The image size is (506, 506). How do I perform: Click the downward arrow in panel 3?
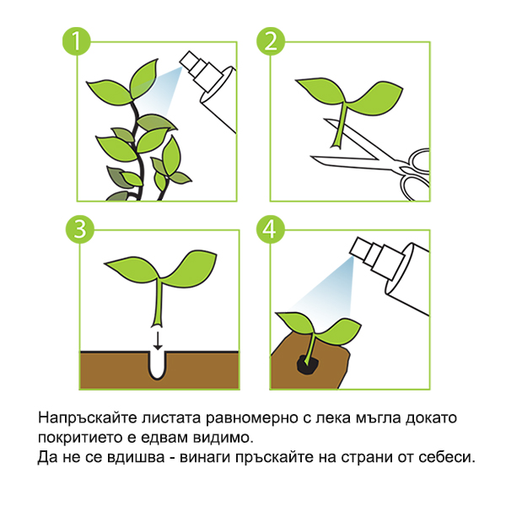pyautogui.click(x=157, y=340)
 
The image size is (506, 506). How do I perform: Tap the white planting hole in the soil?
pyautogui.click(x=157, y=365)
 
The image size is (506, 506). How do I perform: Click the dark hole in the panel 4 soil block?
pyautogui.click(x=305, y=363)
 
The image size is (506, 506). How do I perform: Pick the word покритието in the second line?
pyautogui.click(x=76, y=439)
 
